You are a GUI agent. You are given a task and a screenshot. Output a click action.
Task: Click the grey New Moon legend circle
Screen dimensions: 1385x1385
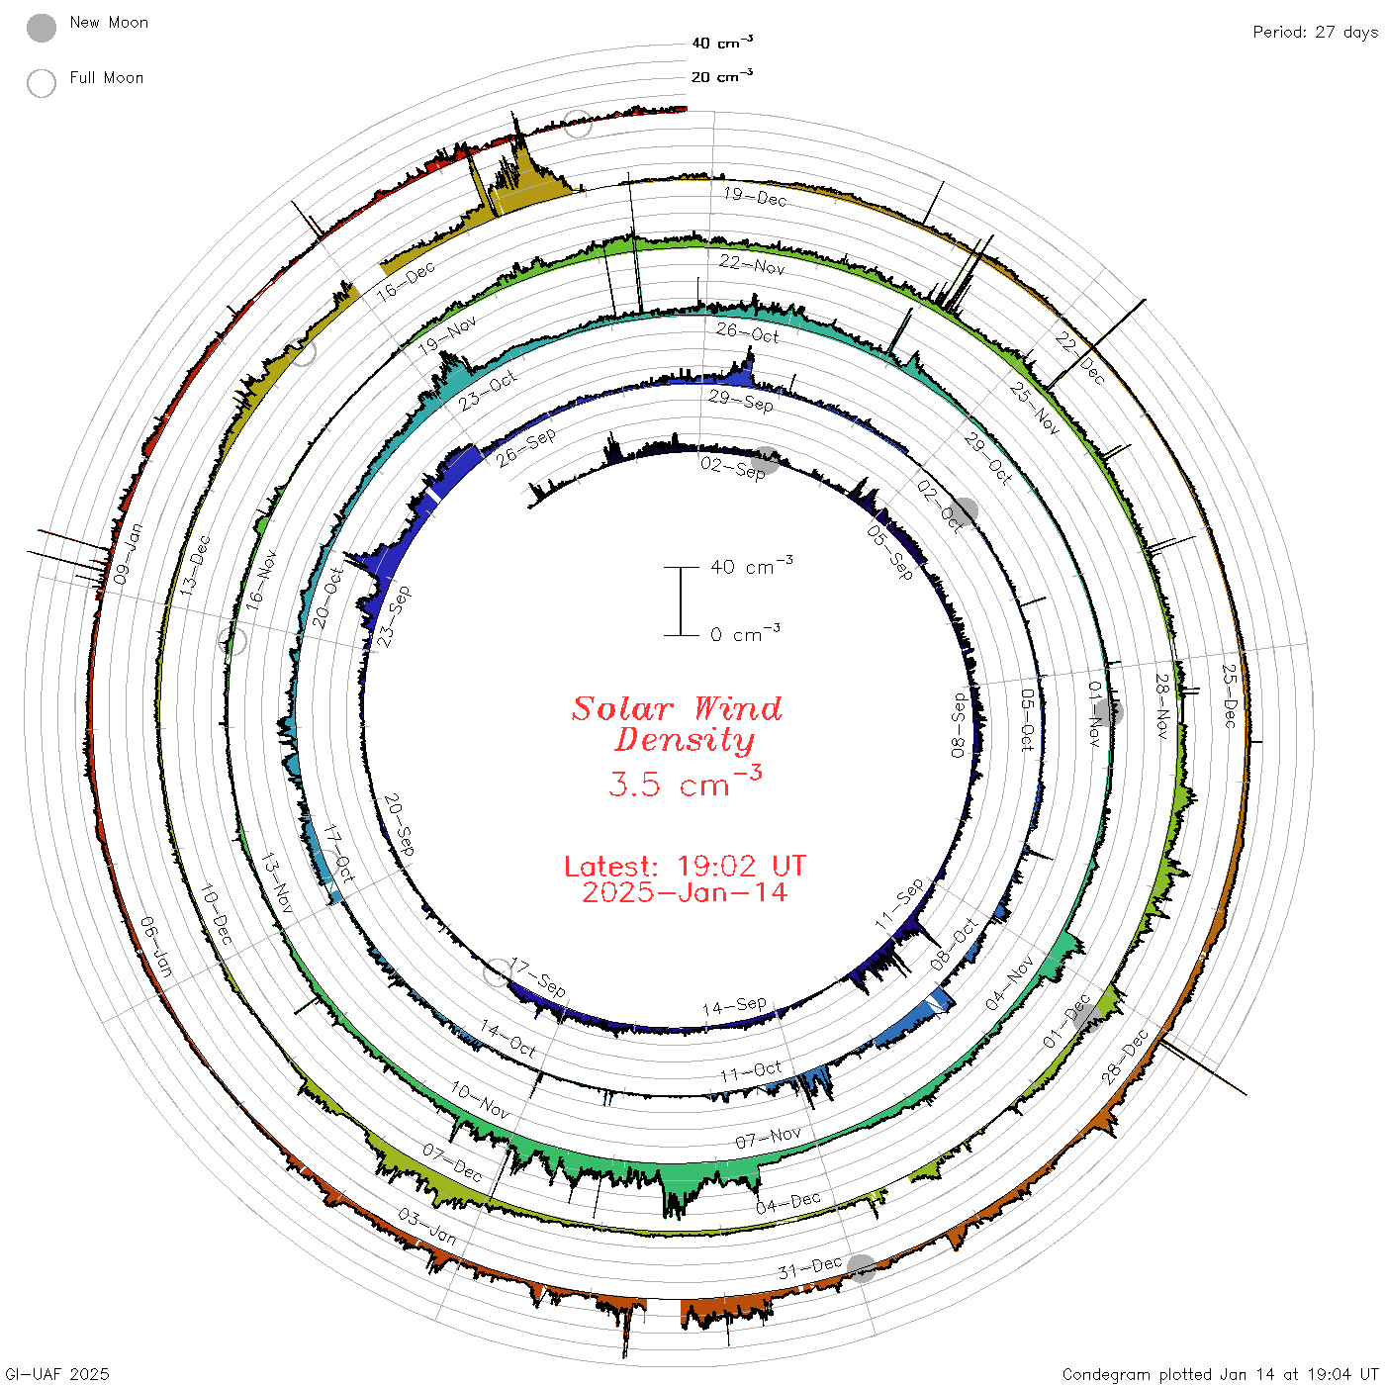click(x=41, y=28)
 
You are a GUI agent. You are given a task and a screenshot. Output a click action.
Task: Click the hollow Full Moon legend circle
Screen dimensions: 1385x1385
click(x=41, y=83)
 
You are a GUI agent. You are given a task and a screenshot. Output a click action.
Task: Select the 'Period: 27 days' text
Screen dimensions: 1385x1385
click(x=1315, y=33)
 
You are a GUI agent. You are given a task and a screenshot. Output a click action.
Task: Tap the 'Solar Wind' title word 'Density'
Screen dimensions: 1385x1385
click(x=684, y=740)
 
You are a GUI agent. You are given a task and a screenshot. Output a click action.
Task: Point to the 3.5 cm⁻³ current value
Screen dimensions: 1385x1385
click(x=685, y=782)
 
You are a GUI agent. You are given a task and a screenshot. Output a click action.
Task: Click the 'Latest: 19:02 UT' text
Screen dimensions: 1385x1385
click(x=685, y=866)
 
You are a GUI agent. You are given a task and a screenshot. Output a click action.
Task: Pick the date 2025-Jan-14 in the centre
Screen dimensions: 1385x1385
click(x=685, y=892)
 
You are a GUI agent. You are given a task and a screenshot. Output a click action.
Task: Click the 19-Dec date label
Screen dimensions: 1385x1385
click(x=755, y=196)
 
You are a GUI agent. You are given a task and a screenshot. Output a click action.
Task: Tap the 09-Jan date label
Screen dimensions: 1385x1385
click(x=128, y=553)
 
